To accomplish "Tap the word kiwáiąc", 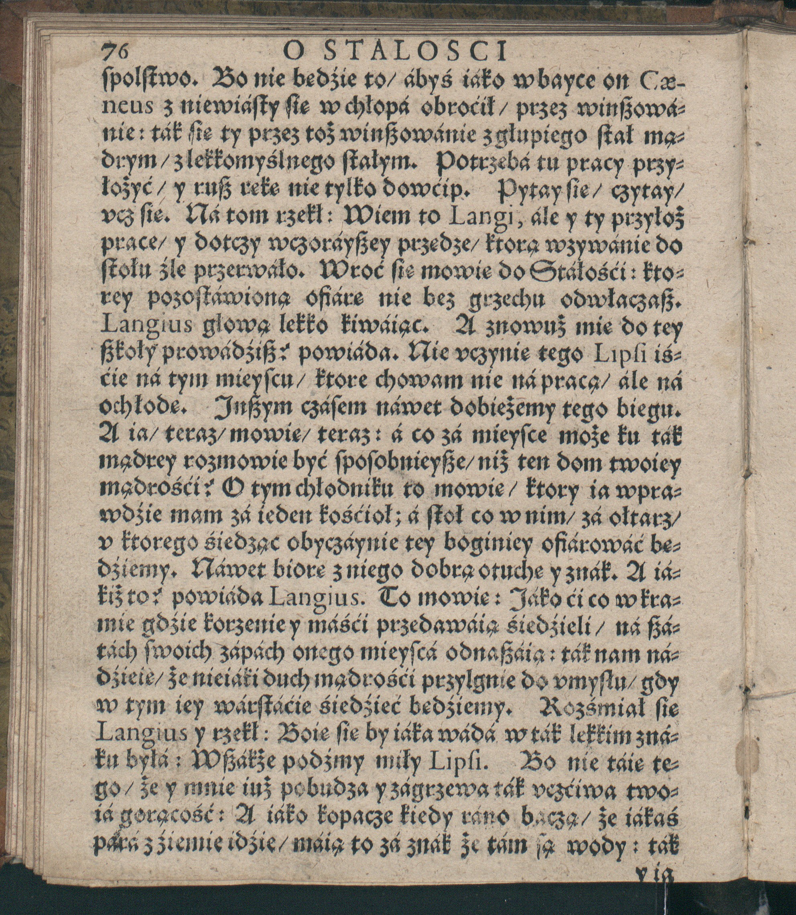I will click(385, 330).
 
